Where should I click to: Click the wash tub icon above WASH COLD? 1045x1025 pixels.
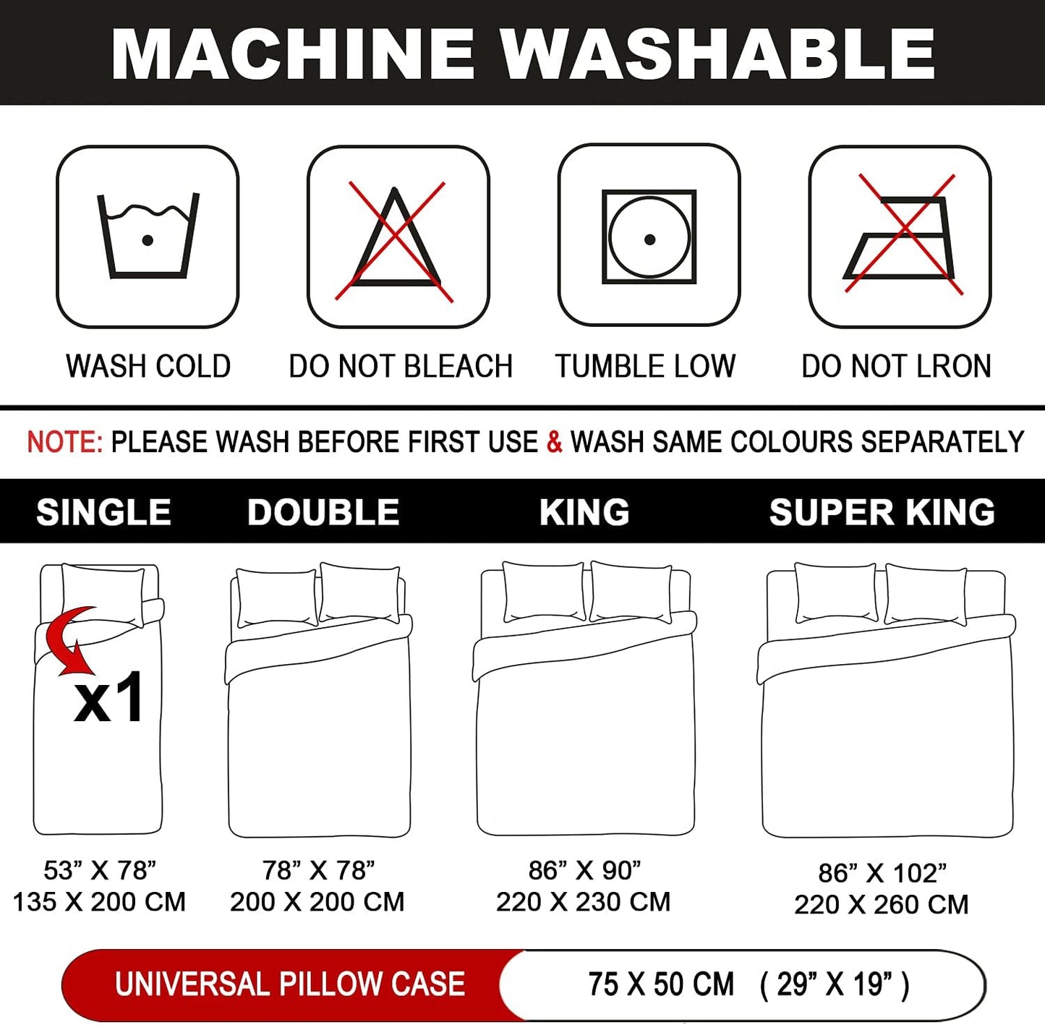tap(148, 236)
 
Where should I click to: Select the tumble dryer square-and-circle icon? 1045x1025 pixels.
tap(649, 237)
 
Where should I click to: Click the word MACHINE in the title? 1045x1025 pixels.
tap(292, 54)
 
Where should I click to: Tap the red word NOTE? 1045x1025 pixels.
tap(64, 442)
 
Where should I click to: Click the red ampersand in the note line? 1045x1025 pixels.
tap(554, 442)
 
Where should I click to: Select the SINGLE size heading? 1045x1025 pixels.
tap(103, 511)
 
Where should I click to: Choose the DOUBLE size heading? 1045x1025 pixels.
tap(323, 511)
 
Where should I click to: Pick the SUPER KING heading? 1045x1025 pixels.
tap(882, 511)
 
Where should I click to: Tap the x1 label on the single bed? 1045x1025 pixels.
tap(109, 697)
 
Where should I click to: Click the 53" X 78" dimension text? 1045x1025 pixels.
tap(100, 871)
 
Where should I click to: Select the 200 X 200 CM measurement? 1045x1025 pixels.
tap(317, 902)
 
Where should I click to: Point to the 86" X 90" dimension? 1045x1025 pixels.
tap(584, 871)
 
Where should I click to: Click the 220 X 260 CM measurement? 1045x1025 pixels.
tap(882, 904)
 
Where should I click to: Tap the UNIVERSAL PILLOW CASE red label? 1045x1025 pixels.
tap(290, 984)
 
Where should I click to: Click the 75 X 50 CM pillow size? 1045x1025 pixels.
tap(660, 984)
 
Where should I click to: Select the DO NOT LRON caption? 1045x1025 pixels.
tap(896, 366)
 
